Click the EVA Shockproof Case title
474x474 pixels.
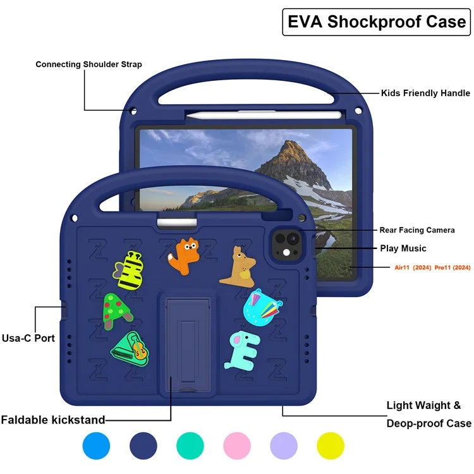[x=377, y=22]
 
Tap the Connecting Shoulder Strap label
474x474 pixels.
[x=88, y=64]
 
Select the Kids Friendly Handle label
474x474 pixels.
[x=425, y=93]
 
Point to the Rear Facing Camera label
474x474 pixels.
[x=416, y=230]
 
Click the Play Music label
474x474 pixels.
[x=403, y=248]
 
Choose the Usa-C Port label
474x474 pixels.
[x=28, y=338]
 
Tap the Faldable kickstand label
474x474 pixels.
[x=53, y=420]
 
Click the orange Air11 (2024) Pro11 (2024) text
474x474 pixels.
[x=432, y=268]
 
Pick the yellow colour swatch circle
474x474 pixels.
[x=331, y=446]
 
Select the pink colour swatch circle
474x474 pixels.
[x=238, y=446]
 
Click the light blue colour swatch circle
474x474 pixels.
[x=96, y=446]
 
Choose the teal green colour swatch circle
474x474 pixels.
[x=190, y=446]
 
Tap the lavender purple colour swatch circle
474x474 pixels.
[x=284, y=446]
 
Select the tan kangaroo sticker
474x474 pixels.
[x=239, y=267]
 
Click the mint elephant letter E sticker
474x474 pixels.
[x=241, y=349]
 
